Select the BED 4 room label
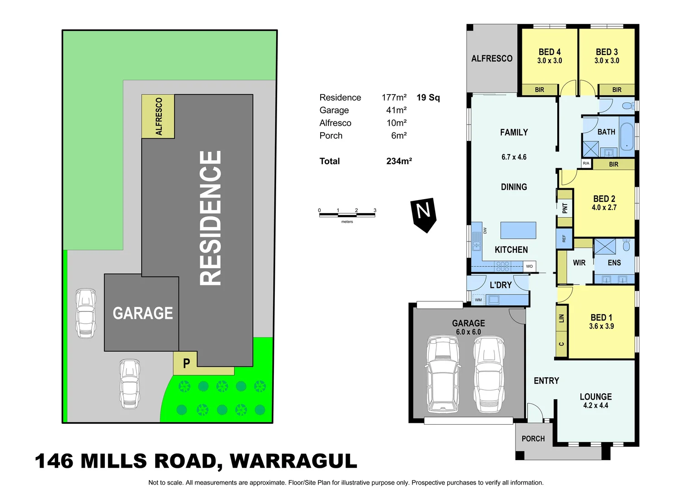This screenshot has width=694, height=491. point(550,52)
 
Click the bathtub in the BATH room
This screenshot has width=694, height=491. point(627,136)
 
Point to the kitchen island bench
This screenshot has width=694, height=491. point(518,230)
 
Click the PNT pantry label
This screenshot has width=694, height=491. point(565,208)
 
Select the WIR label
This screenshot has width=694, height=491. point(579,263)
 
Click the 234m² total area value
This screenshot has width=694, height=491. point(399,161)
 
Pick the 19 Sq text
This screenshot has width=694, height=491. point(428,98)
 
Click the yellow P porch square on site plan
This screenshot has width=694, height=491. point(185,363)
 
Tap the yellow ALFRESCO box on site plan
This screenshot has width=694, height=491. point(158,116)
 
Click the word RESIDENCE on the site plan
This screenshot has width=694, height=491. point(210,218)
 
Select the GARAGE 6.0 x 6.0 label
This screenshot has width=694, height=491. point(468,327)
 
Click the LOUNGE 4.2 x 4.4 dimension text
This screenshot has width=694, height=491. point(595,406)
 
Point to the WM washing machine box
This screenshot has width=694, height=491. point(478,300)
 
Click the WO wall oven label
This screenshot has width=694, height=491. point(530,266)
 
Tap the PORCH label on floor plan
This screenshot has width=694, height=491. point(533,439)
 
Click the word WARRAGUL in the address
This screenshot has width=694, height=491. point(293,461)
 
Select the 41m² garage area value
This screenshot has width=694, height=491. point(396,110)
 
